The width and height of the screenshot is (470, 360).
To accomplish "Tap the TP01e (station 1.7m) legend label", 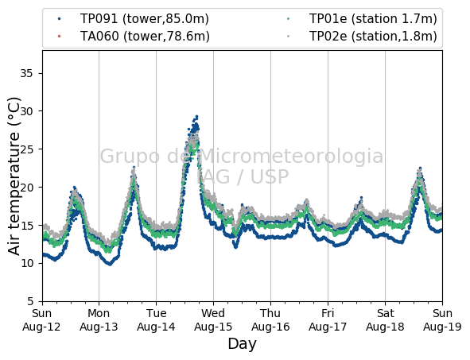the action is click(373, 19).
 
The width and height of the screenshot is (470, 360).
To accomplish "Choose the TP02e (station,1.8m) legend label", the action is click(373, 37).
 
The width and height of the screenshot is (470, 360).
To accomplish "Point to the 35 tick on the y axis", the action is click(26, 73).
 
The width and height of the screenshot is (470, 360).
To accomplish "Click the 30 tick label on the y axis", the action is click(26, 111).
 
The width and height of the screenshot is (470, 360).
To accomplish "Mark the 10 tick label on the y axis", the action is click(26, 263).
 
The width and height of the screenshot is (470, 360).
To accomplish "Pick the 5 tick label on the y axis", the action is click(30, 301).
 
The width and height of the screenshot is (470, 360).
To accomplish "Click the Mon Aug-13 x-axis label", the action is click(99, 319).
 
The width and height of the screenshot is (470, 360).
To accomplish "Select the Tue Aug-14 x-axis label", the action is click(156, 319).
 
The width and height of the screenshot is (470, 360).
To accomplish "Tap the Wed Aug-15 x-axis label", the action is click(213, 319).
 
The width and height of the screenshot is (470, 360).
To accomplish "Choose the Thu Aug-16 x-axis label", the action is click(270, 319).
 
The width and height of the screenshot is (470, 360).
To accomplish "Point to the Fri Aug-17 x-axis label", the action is click(328, 319).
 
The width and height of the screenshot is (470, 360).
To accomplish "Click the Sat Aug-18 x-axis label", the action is click(385, 319).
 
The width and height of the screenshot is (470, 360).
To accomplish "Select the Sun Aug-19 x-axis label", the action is click(442, 319).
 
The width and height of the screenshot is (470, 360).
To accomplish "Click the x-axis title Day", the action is click(243, 344).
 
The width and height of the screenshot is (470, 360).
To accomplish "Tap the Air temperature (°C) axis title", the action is click(14, 176).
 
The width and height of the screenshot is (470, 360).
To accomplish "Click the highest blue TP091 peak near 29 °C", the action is click(196, 116).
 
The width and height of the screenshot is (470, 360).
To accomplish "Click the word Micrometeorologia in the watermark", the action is click(290, 156).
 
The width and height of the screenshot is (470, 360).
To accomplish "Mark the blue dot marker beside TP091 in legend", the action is click(60, 19).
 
